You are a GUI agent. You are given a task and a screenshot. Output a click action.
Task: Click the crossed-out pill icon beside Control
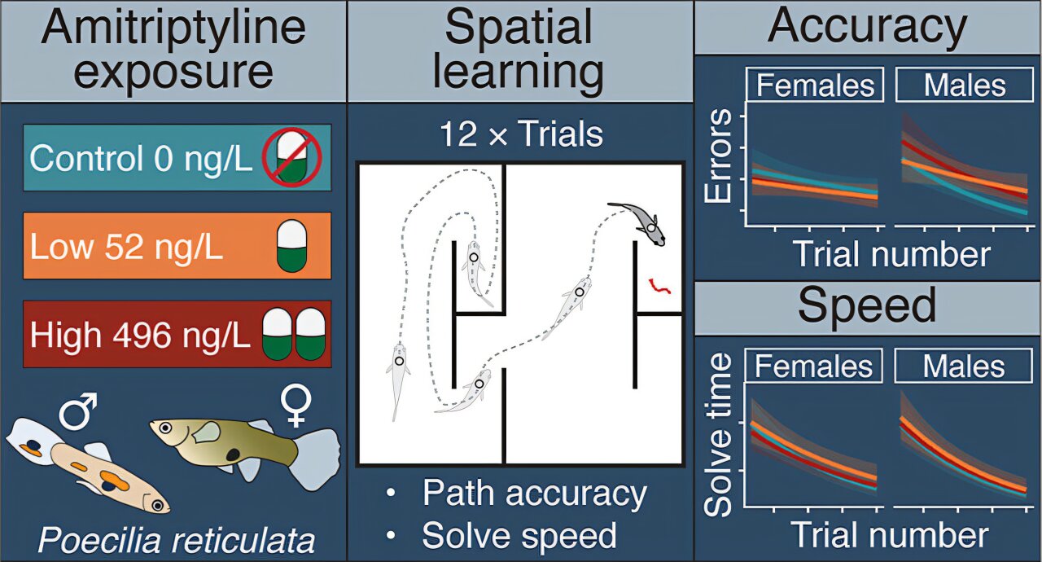click(290, 157)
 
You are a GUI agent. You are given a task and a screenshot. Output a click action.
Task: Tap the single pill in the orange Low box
click(289, 245)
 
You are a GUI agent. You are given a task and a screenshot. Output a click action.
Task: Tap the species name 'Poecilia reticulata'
click(176, 540)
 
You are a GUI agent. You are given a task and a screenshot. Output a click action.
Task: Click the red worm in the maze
click(659, 286)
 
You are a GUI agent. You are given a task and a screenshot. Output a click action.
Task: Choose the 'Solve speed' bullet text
click(519, 534)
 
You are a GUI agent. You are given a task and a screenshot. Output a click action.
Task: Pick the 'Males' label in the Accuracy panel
click(965, 86)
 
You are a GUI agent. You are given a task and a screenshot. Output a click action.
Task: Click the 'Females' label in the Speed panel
click(814, 367)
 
